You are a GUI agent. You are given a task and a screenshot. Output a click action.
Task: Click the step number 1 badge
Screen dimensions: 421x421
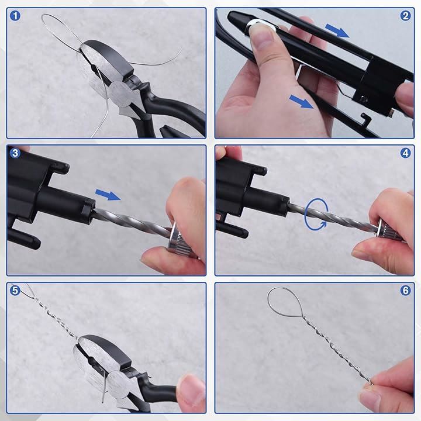coord(15,16)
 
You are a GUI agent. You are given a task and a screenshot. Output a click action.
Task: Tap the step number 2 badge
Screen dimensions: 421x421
coord(405,16)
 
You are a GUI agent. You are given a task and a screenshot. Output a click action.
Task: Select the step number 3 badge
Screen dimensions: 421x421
coord(15,153)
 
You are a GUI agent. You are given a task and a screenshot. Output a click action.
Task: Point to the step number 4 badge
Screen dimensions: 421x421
coord(405,153)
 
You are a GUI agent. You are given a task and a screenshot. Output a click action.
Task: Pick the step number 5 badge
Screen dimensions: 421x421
coord(15,291)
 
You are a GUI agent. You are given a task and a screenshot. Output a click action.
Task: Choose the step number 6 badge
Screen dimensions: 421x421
coord(405,291)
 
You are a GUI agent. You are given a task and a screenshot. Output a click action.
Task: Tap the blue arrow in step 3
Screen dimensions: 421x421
coord(108,194)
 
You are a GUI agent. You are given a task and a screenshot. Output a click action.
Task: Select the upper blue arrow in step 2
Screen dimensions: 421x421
coord(337,30)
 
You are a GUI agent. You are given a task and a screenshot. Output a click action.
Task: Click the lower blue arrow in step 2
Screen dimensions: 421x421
coord(301,102)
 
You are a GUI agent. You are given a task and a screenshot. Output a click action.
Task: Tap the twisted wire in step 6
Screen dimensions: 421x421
coord(337,349)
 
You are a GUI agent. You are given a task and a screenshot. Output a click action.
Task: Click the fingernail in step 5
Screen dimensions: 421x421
coord(187,387)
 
